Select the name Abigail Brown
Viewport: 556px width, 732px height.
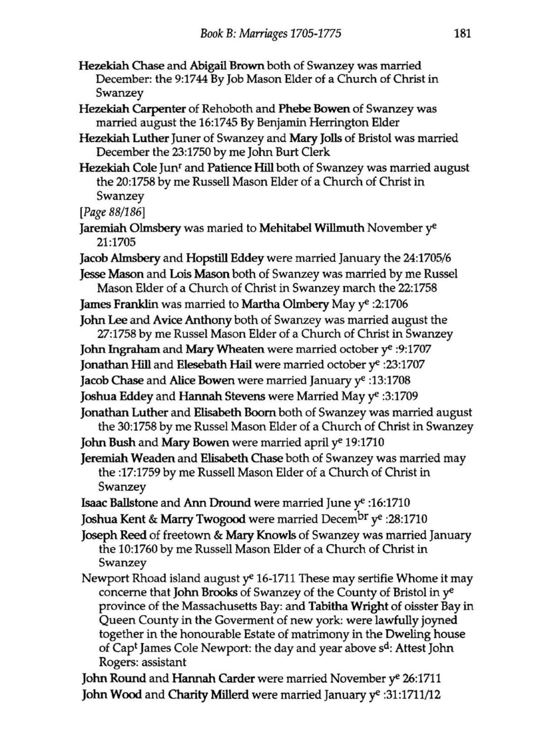(x=227, y=66)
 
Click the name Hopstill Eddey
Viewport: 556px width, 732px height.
(x=225, y=258)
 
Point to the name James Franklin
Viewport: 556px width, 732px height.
(x=119, y=304)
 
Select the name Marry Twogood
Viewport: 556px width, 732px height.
(x=203, y=519)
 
